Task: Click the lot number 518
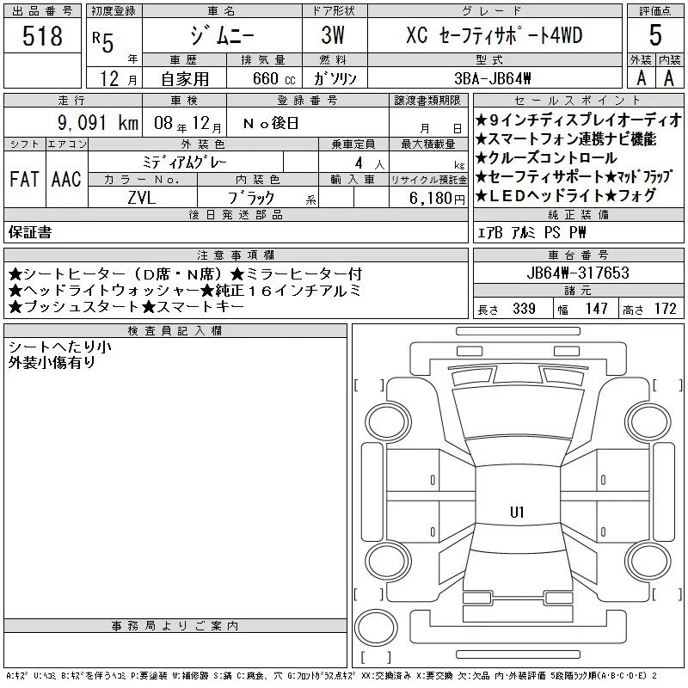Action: point(42,35)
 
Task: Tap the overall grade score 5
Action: point(655,34)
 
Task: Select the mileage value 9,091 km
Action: point(98,122)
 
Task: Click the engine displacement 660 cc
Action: point(273,78)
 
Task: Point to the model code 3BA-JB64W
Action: point(493,78)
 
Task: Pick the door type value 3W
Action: point(333,35)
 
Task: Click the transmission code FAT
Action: point(24,179)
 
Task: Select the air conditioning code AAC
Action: point(66,179)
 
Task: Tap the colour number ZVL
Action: point(142,198)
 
